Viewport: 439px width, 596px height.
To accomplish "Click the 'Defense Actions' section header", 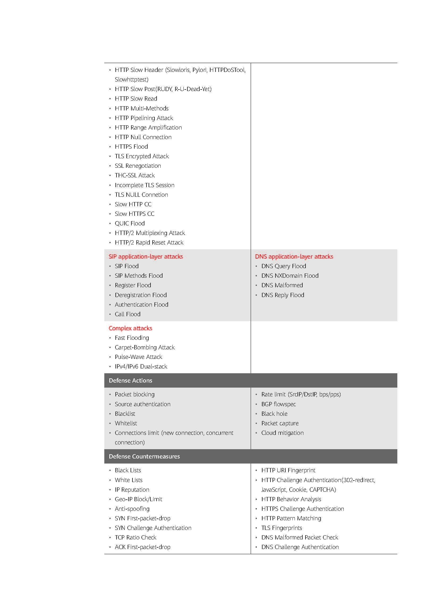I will (131, 380).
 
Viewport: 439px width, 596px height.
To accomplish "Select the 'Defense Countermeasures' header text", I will (144, 456).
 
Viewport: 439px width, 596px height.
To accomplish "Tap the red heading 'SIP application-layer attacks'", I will (146, 256).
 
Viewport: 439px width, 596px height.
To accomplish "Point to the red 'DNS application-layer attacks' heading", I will (294, 256).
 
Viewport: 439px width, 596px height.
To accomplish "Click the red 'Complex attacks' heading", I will (130, 328).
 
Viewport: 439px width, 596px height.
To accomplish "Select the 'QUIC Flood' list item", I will (130, 223).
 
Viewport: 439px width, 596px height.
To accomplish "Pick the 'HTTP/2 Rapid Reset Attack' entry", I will (149, 242).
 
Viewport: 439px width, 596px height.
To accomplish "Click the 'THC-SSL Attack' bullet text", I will (135, 175).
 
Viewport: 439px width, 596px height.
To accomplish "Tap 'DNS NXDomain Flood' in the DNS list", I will (290, 276).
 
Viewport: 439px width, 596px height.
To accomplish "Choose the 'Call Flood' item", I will (128, 314).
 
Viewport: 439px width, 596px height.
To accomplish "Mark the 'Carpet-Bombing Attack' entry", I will (145, 348).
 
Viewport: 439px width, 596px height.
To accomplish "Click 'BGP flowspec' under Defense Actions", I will (278, 404).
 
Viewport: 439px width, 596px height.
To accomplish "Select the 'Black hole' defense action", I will (274, 414).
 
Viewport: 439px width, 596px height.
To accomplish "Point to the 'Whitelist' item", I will (126, 423).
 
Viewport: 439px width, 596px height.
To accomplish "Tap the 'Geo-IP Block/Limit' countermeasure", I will (139, 499).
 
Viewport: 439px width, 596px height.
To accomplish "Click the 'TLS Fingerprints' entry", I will (282, 528).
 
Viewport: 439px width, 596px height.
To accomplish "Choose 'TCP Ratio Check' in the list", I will (136, 538).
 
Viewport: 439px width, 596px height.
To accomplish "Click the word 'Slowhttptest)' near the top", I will (132, 79).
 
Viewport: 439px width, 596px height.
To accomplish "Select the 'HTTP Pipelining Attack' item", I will (144, 118).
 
